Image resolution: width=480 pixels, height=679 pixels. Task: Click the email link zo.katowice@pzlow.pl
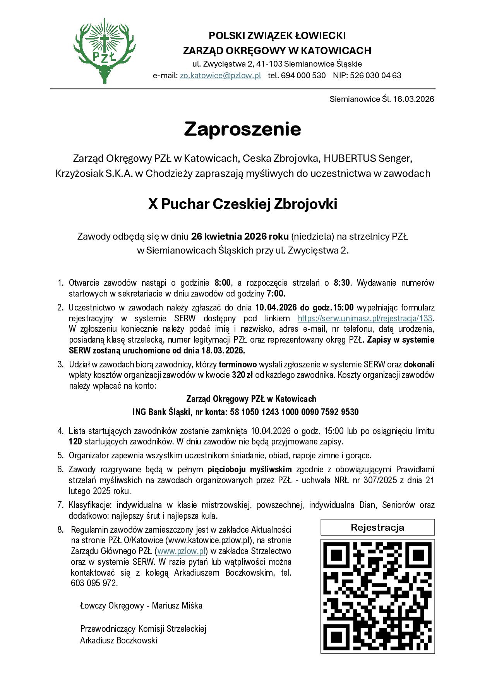coord(220,75)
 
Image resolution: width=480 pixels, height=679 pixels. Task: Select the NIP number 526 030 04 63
coord(375,75)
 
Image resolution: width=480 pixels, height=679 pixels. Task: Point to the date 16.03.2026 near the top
coord(414,99)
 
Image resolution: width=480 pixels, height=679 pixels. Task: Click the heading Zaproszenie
coord(242,129)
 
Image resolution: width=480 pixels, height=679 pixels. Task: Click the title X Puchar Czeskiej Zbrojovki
coord(242,204)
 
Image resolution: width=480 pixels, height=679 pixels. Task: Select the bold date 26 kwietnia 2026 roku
coord(240,236)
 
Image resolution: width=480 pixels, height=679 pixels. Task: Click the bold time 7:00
coord(275,293)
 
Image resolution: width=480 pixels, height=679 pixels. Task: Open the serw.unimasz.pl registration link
coord(365,319)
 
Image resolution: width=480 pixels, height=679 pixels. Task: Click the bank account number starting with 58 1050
coord(294,412)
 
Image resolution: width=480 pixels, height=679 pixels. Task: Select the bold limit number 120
coord(75,441)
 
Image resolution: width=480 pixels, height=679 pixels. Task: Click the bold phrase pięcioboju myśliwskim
coord(249,470)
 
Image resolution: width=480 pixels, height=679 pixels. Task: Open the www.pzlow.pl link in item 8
coord(181,551)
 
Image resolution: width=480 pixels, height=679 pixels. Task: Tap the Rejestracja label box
coord(377,527)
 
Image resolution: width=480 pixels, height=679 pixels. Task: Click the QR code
coord(377,597)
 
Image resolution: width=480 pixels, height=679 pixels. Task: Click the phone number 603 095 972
coord(94,583)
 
